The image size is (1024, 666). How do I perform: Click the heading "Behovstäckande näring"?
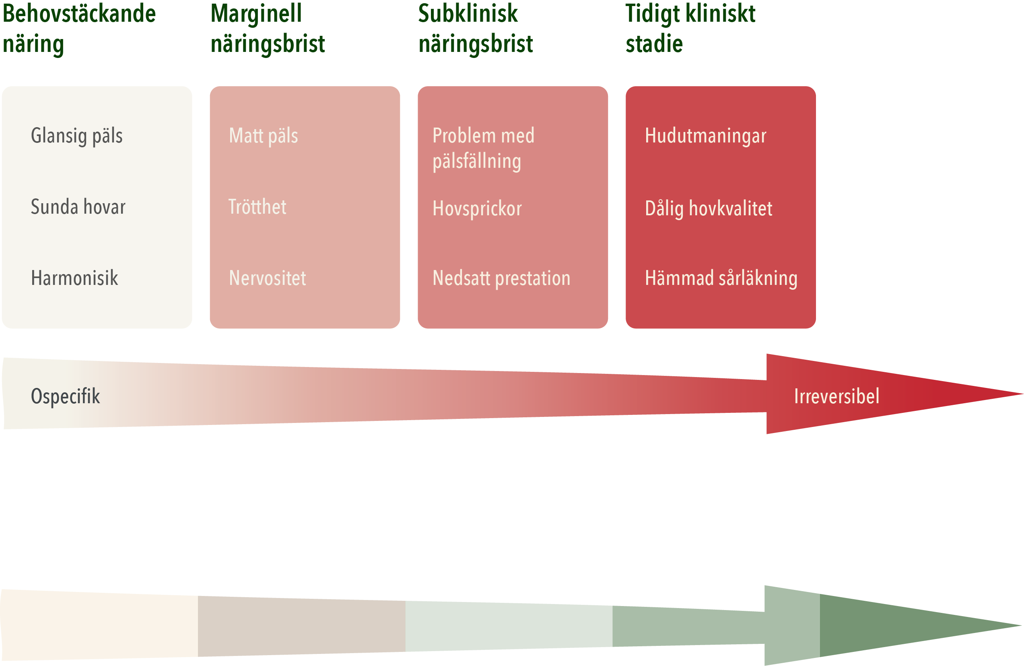(79, 29)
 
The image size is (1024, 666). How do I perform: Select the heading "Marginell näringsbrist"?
(267, 29)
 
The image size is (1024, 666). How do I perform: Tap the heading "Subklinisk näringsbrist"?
(476, 29)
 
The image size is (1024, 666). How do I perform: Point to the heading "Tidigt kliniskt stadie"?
(690, 29)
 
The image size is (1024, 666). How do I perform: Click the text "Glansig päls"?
(76, 136)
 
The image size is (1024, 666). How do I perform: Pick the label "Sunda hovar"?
(78, 207)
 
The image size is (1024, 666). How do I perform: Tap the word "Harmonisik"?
(74, 278)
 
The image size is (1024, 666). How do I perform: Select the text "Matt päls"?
(263, 136)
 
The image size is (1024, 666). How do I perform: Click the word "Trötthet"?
(257, 207)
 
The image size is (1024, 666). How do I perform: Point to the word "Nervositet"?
(268, 278)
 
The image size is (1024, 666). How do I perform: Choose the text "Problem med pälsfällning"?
(483, 148)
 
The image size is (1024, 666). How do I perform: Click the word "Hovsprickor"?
(477, 209)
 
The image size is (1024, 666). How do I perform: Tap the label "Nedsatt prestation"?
(501, 278)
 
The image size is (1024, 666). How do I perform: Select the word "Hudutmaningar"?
(706, 136)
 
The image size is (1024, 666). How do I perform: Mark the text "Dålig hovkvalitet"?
(709, 209)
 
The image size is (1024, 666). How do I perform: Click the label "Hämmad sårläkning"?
(721, 278)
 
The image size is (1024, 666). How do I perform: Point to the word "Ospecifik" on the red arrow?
(66, 396)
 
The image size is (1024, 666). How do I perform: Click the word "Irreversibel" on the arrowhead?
(837, 396)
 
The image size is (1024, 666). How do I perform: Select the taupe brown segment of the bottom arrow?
(301, 626)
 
